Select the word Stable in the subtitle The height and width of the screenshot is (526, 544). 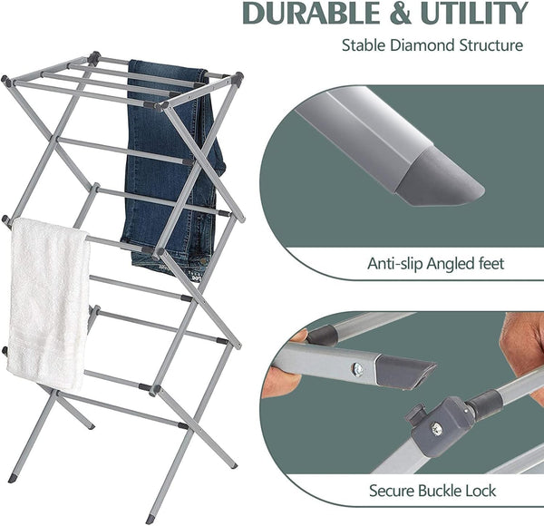[x=363, y=44]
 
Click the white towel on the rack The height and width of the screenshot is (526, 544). [x=47, y=299]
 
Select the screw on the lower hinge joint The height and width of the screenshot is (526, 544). [x=437, y=428]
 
